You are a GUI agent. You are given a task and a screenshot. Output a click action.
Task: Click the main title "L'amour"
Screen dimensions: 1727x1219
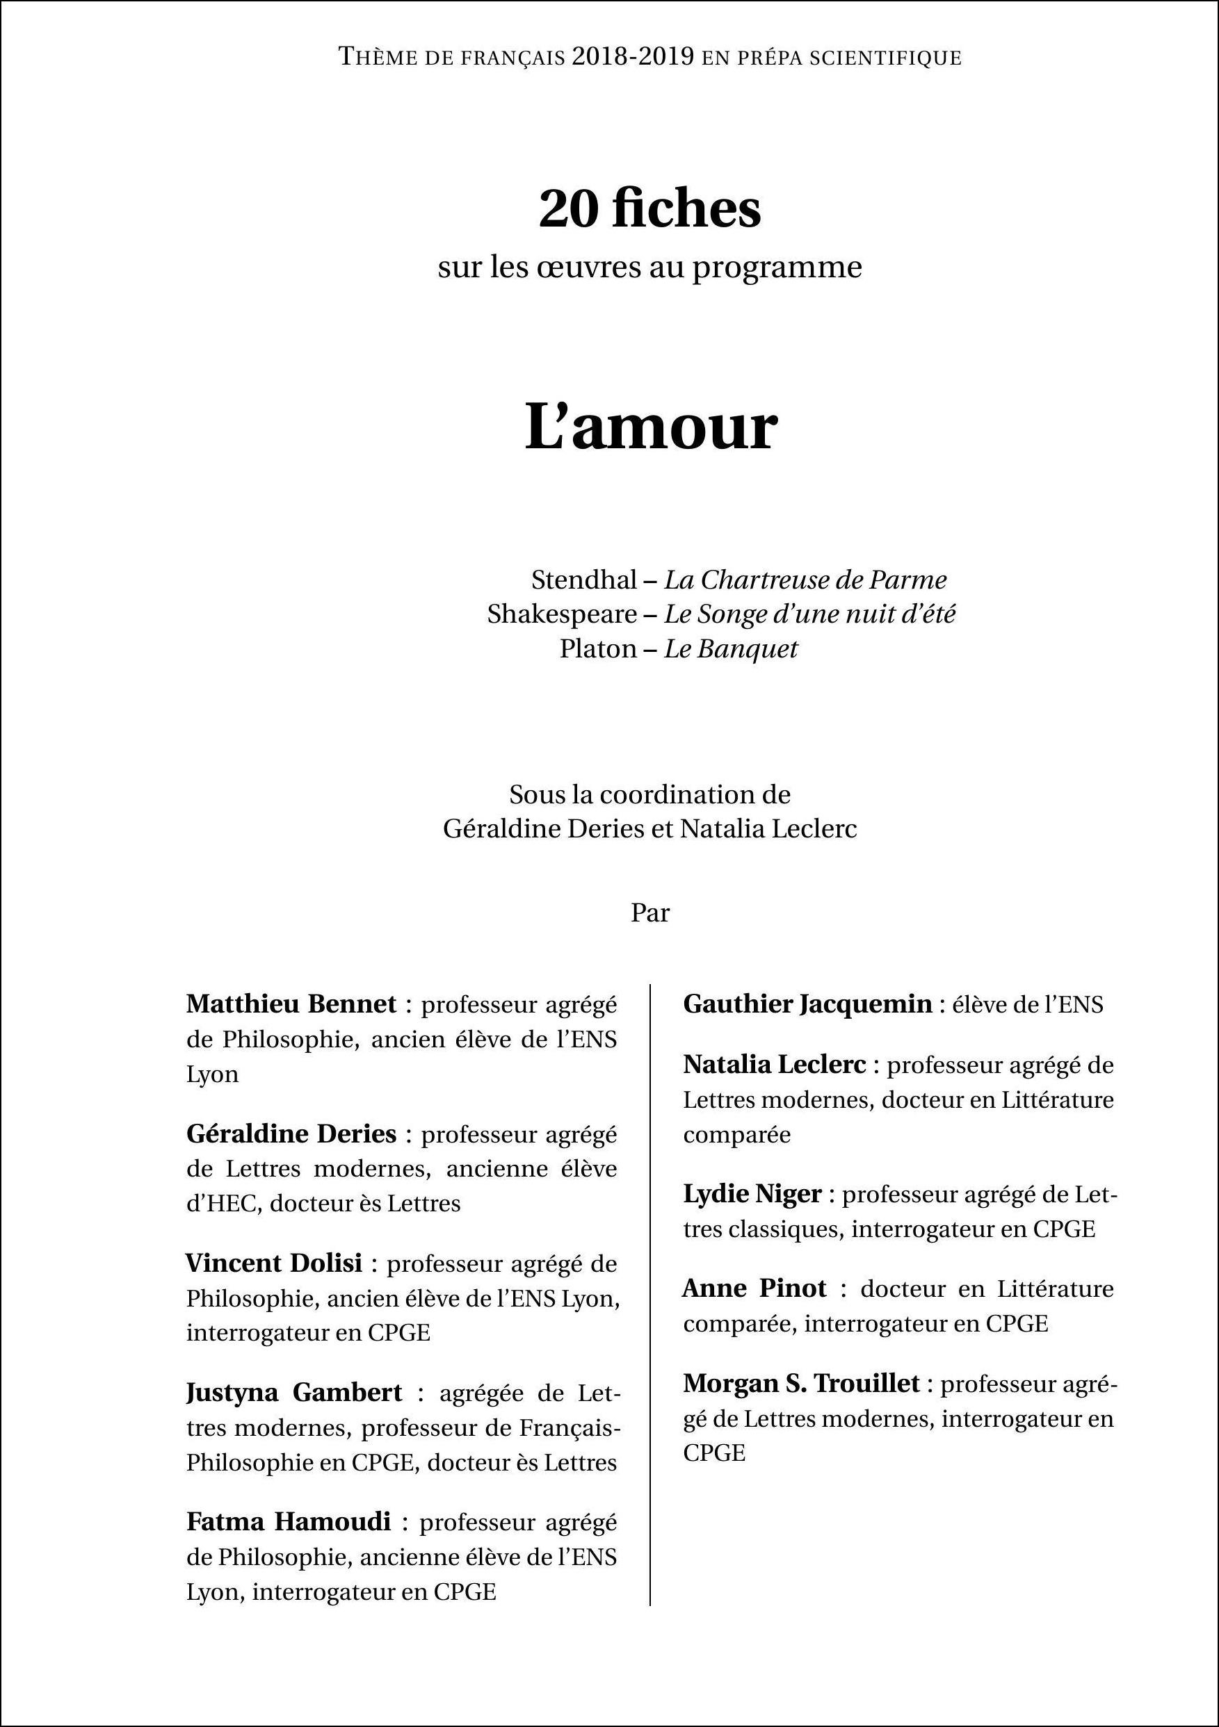(650, 427)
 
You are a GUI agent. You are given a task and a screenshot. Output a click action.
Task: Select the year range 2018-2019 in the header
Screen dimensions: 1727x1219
(632, 57)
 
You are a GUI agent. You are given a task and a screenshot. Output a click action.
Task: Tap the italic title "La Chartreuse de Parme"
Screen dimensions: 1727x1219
(805, 580)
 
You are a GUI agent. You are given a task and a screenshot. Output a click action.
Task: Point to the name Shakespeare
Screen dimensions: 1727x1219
(562, 614)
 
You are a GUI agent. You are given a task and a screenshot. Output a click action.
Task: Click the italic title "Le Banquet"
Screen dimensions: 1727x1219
(730, 648)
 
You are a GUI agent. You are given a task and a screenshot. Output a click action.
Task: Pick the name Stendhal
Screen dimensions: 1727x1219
(584, 580)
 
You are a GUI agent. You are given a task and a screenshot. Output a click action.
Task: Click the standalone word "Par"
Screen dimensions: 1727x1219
(650, 913)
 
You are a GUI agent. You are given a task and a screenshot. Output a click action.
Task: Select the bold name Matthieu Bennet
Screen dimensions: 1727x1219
(291, 1004)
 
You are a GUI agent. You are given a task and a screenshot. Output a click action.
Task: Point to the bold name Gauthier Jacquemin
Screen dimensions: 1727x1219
(807, 1004)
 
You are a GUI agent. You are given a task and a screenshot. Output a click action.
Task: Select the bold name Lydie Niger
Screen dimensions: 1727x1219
(752, 1194)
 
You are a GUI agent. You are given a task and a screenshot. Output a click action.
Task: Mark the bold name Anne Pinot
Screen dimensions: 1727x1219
(754, 1288)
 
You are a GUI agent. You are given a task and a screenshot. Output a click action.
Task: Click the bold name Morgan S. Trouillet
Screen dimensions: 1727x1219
(801, 1383)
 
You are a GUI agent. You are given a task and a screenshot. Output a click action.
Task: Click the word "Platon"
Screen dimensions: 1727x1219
(598, 648)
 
